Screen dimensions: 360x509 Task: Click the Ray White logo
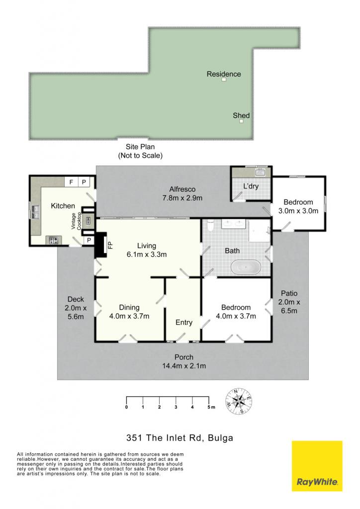[x=317, y=466]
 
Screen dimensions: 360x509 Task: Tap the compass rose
[x=239, y=401]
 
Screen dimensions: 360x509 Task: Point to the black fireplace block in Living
[x=100, y=245]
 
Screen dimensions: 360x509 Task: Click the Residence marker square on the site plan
[x=224, y=79]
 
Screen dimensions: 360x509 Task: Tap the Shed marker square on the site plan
[x=241, y=121]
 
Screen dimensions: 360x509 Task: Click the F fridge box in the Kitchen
[x=71, y=182]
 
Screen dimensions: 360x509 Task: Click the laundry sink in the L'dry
[x=260, y=172]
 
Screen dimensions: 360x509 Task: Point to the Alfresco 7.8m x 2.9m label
[x=182, y=193]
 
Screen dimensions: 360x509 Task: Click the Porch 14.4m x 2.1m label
[x=184, y=362]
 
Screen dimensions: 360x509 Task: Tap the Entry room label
[x=184, y=322]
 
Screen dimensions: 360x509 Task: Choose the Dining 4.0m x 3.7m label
[x=129, y=312]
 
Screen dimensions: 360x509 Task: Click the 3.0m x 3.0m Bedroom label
[x=298, y=206]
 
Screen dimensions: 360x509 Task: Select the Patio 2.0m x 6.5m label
[x=289, y=302]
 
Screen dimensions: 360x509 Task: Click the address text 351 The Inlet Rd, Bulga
[x=180, y=438]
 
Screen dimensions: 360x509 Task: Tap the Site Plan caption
[x=140, y=151]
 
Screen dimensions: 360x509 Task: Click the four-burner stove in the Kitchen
[x=54, y=241]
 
